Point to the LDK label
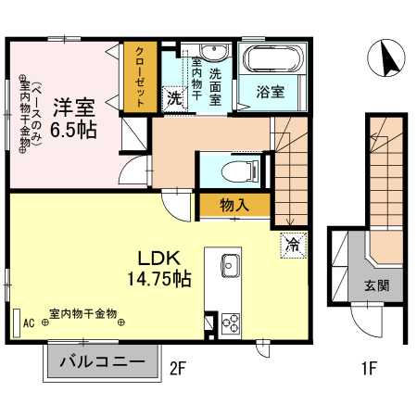pos(158,257)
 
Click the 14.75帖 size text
pos(158,278)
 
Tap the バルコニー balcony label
pos(102,361)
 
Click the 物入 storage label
pos(234,205)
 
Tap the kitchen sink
pos(231,268)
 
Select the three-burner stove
pos(228,323)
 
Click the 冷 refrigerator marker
pos(292,245)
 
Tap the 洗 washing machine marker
pos(173,96)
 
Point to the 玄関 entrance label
pos(375,286)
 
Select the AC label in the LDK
pos(29,322)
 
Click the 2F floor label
pos(178,368)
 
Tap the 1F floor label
pos(368,368)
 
